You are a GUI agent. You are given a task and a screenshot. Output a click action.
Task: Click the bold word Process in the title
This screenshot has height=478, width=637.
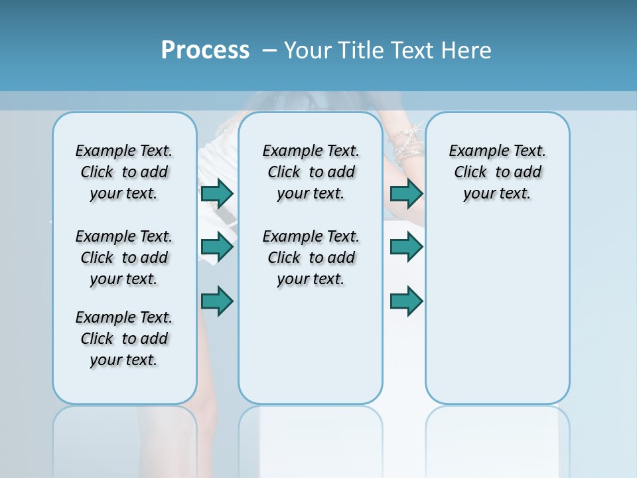tap(205, 50)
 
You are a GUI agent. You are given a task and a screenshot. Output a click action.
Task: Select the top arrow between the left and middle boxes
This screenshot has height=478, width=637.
tap(217, 194)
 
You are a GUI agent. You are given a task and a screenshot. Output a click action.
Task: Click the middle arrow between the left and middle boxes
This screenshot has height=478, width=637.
tap(217, 247)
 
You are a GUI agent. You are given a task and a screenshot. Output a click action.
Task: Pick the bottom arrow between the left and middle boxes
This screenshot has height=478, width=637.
tap(217, 301)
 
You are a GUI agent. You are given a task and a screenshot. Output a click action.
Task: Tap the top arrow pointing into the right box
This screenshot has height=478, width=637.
tap(406, 194)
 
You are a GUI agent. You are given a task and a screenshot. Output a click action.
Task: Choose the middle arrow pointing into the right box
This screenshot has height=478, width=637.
tap(406, 247)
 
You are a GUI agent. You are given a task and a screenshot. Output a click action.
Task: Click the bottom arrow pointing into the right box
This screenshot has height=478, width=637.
tap(406, 301)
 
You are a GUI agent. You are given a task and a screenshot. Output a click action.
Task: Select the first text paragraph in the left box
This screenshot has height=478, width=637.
tap(124, 173)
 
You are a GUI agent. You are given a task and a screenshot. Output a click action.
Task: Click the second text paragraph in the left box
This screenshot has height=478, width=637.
tap(124, 258)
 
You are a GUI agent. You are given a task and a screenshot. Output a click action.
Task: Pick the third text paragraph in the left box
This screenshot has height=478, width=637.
tap(124, 339)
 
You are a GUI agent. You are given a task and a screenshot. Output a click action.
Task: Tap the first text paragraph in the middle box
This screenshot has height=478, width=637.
tap(311, 173)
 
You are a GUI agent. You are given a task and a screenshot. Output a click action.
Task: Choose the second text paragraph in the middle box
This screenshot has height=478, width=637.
tap(311, 258)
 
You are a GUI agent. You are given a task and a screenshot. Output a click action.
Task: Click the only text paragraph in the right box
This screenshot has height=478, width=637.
tap(497, 173)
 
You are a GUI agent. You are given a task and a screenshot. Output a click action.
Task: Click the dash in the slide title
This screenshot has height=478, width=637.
tap(269, 51)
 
